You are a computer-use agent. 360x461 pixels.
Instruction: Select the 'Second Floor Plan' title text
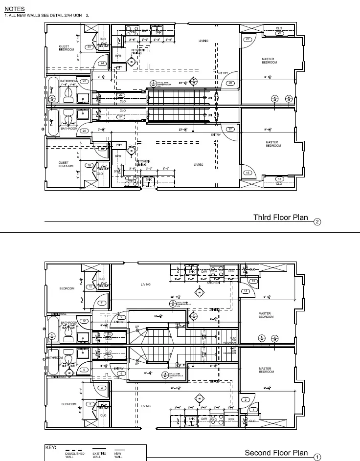(276, 452)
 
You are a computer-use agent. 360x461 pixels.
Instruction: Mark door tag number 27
(248, 39)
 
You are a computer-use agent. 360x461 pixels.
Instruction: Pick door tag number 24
(103, 64)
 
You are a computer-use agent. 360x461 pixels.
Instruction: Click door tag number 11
(102, 303)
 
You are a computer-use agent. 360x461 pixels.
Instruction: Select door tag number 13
(246, 291)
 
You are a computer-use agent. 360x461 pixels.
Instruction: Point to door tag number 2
(246, 400)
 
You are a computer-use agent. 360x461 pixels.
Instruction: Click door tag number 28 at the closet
(279, 33)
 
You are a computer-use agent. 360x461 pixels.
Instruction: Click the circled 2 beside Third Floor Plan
(317, 222)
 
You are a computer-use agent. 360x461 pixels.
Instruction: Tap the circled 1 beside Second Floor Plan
(317, 457)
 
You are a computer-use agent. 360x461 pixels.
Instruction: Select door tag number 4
(102, 388)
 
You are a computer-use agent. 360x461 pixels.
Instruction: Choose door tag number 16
(248, 173)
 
